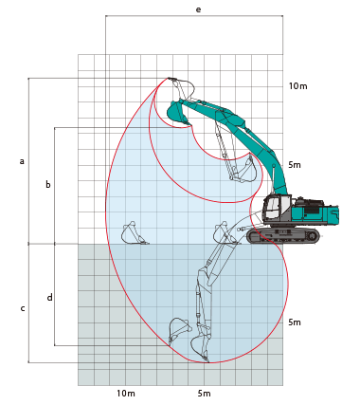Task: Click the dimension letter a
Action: pos(22,161)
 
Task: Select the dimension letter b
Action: pos(48,184)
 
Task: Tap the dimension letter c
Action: pos(23,308)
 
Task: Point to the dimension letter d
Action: pos(50,297)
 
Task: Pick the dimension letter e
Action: pos(198,9)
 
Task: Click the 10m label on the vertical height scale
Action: pos(297,85)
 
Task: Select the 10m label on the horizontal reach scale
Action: pos(126,394)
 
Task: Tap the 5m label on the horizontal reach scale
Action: pos(204,394)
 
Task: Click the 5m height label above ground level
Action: pos(295,165)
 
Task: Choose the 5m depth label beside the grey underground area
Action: pos(295,322)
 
